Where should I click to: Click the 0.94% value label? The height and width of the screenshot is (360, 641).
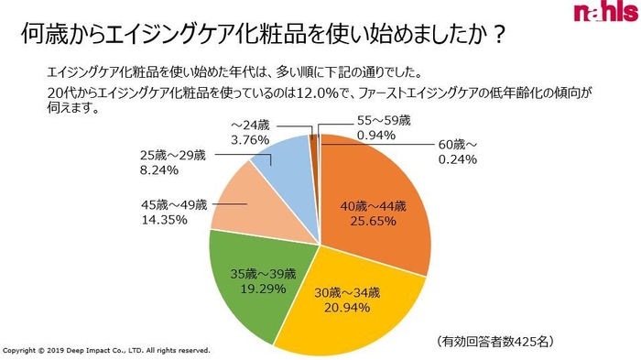click(x=375, y=135)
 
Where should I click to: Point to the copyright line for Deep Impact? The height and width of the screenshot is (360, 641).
click(x=107, y=351)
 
